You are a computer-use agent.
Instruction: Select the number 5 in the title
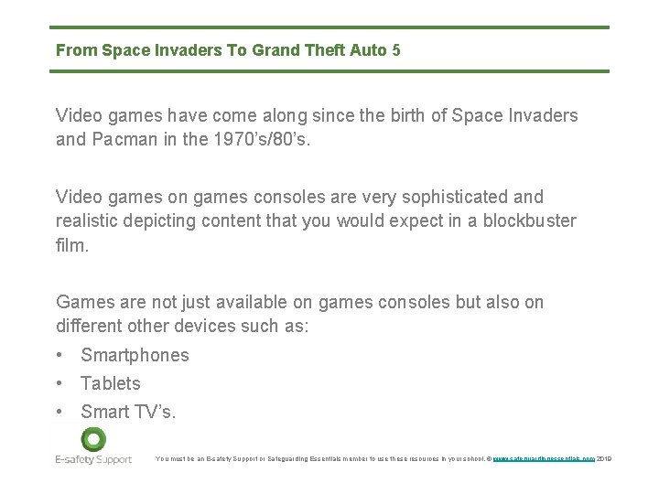click(x=395, y=50)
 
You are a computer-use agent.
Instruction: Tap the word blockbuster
click(x=530, y=220)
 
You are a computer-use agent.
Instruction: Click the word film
click(x=72, y=245)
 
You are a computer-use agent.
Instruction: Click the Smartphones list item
click(x=135, y=355)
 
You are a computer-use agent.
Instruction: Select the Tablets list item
click(x=110, y=383)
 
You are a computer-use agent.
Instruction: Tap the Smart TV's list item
click(x=128, y=412)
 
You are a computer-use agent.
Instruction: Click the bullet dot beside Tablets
click(x=59, y=383)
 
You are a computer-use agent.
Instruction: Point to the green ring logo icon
click(x=93, y=438)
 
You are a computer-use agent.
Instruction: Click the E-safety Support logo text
click(x=93, y=459)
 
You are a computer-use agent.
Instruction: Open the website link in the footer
click(x=544, y=458)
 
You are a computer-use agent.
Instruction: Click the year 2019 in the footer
click(x=603, y=458)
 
